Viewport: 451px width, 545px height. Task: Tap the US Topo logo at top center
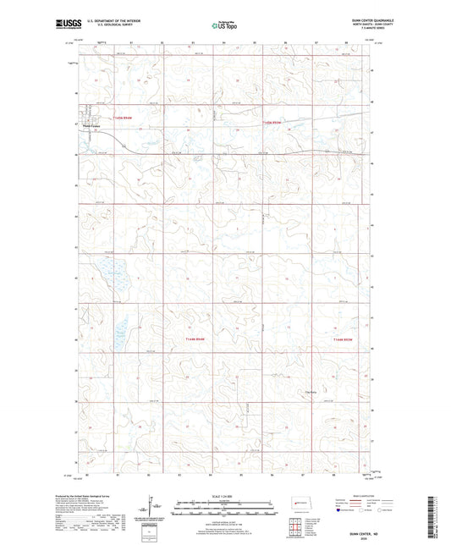pos(223,26)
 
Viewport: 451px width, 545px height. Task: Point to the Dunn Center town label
pos(92,129)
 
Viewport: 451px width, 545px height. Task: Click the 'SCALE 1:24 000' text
pos(222,495)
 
